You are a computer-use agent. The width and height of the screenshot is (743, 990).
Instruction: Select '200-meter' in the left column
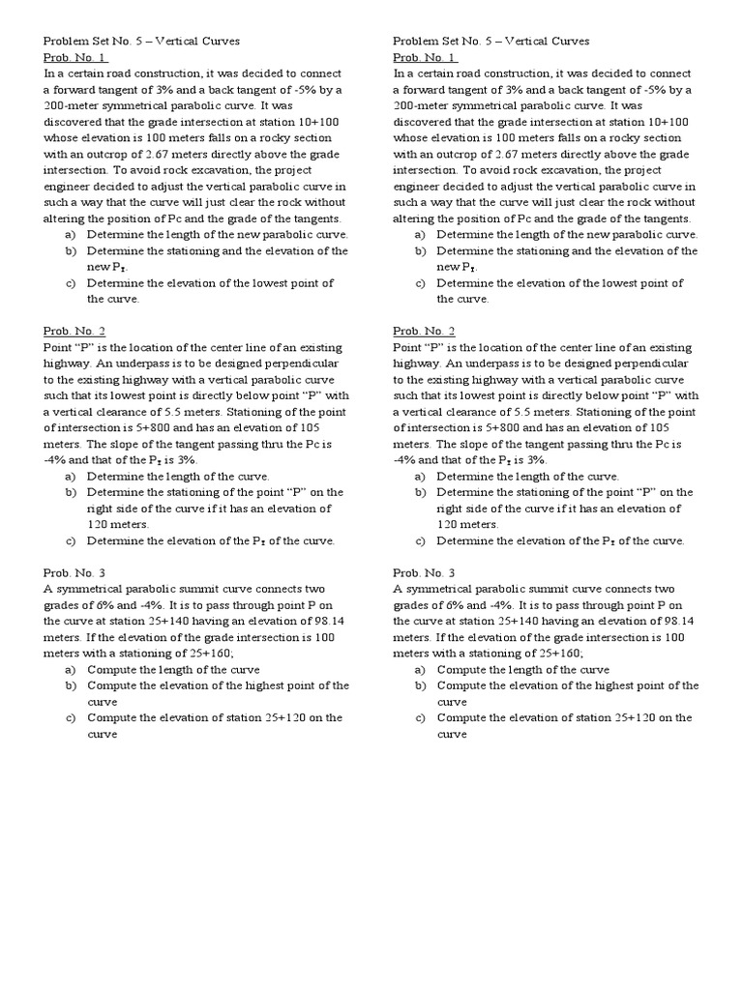[x=72, y=105]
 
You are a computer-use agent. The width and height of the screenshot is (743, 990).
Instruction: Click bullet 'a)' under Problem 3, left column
[x=70, y=669]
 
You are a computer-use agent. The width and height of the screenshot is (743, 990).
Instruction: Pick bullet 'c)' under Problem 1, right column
[x=420, y=283]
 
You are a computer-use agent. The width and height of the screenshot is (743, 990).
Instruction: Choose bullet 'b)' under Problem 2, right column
[x=420, y=492]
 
